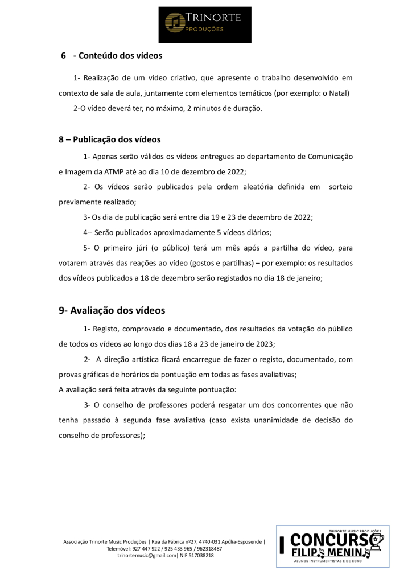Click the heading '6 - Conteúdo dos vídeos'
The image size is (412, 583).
pyautogui.click(x=112, y=56)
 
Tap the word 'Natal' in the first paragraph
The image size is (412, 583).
pyautogui.click(x=336, y=93)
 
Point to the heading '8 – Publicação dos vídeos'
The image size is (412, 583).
pyautogui.click(x=109, y=139)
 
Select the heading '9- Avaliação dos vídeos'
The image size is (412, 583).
pyautogui.click(x=112, y=310)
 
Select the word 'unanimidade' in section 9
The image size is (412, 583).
pyautogui.click(x=283, y=421)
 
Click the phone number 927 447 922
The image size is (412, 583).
pyautogui.click(x=147, y=548)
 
